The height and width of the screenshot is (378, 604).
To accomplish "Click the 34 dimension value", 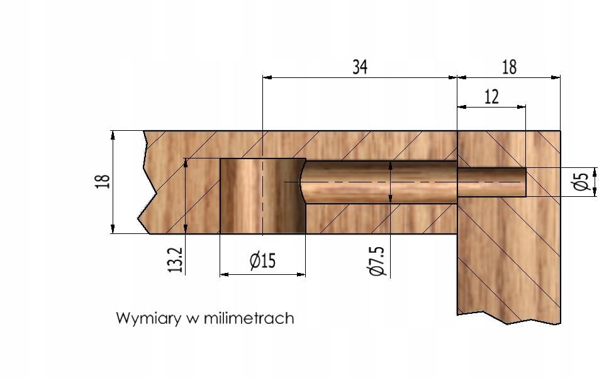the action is point(359,67).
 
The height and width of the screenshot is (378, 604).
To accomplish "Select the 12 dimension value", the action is point(492,96).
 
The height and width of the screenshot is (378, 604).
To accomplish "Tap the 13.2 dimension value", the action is point(177,259).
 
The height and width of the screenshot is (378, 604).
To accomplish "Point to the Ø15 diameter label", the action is point(262,260).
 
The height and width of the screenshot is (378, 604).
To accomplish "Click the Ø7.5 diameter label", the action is point(376,260).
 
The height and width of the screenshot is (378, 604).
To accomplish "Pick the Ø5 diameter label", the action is point(581,182).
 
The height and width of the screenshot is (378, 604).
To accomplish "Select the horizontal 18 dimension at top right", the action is point(509,67).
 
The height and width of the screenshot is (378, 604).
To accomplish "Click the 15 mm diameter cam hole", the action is point(262,196).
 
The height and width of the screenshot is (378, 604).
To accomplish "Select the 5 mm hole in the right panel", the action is point(491,182).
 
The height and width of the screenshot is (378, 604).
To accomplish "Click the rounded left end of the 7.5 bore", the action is point(303,182).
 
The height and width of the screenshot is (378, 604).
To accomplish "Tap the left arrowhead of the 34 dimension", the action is point(266,77).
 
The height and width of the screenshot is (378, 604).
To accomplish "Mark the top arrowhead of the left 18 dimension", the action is point(113,135).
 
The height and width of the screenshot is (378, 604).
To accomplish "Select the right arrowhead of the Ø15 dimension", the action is point(301,274).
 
